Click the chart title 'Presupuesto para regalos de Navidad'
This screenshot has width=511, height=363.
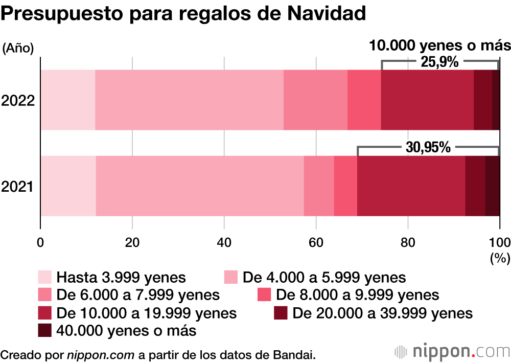[x=183, y=14]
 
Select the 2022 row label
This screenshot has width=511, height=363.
[x=18, y=101]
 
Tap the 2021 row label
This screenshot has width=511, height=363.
[x=18, y=187]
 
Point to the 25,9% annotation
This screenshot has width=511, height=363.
[x=439, y=62]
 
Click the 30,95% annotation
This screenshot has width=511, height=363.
[x=428, y=148]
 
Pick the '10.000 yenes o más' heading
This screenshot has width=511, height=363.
[x=439, y=46]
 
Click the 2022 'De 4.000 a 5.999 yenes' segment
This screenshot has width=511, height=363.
[x=189, y=100]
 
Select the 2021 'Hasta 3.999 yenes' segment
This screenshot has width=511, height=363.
[x=68, y=186]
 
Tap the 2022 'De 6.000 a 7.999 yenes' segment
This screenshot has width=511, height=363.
[x=315, y=100]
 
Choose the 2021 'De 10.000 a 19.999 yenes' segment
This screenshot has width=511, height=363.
[x=411, y=186]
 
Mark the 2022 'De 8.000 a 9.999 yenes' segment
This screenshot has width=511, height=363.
[x=364, y=100]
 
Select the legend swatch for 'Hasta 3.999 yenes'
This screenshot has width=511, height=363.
[x=45, y=278]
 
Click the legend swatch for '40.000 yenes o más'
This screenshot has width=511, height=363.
[x=45, y=331]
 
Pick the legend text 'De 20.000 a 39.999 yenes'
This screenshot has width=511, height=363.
[x=383, y=313]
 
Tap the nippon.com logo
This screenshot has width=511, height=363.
[x=453, y=352]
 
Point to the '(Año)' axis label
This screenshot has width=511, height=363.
[x=18, y=49]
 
